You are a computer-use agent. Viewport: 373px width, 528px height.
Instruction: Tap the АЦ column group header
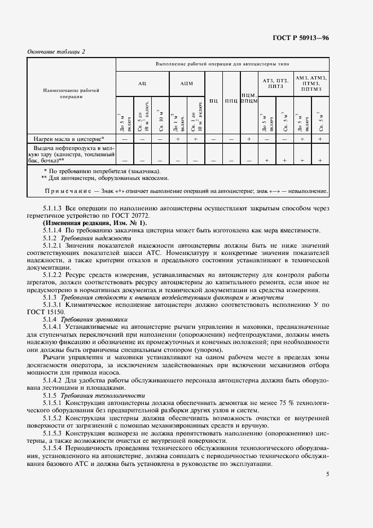[142, 83]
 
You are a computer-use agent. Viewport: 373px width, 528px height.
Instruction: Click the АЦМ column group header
[186, 83]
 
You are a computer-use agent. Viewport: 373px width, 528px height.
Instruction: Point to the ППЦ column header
[231, 101]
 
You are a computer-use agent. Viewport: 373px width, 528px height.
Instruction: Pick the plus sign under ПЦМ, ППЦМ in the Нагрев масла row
[248, 138]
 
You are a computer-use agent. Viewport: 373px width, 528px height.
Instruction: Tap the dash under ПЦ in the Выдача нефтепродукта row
[214, 161]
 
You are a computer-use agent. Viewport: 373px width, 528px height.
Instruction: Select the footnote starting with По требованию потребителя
[102, 170]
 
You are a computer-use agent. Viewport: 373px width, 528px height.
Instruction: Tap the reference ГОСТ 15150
[47, 312]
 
